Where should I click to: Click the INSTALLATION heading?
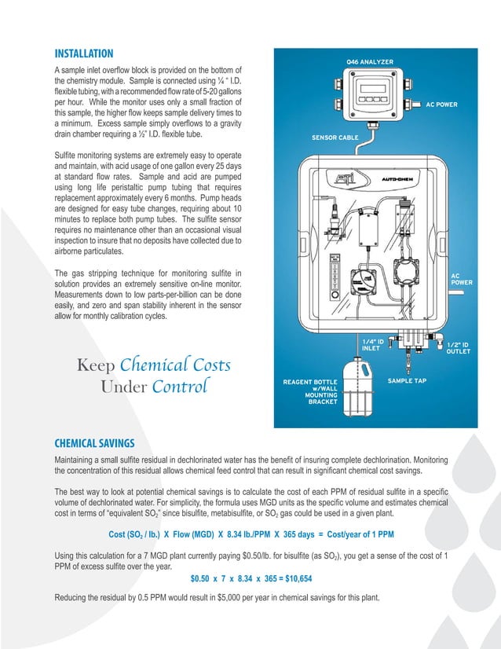pos(83,54)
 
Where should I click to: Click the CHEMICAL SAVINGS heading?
pos(93,442)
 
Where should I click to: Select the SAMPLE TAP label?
pos(408,379)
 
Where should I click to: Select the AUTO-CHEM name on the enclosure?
pos(399,179)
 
